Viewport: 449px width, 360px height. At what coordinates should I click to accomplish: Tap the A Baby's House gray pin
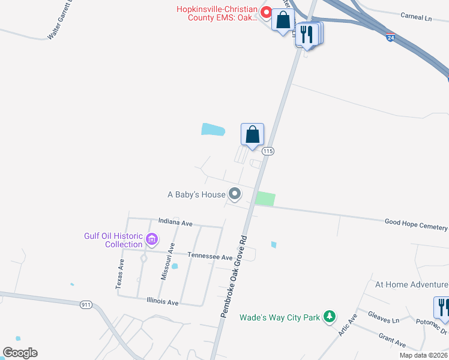(235, 194)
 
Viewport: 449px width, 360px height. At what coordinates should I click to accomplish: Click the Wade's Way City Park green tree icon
(329, 317)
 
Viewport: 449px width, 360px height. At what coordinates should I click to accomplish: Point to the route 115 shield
(268, 152)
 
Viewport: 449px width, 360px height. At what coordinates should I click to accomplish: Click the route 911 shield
(86, 305)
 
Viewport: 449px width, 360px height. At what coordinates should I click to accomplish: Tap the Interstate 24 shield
(390, 37)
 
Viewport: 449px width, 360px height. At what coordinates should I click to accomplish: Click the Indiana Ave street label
(175, 223)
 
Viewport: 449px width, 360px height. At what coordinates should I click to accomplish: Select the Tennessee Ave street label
(209, 257)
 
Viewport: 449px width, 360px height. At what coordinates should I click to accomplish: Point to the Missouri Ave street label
(168, 261)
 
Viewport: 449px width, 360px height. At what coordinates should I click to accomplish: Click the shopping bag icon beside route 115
(252, 134)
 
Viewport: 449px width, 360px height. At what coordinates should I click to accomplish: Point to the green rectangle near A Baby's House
(265, 199)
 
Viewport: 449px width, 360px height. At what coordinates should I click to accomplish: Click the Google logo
(20, 353)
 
